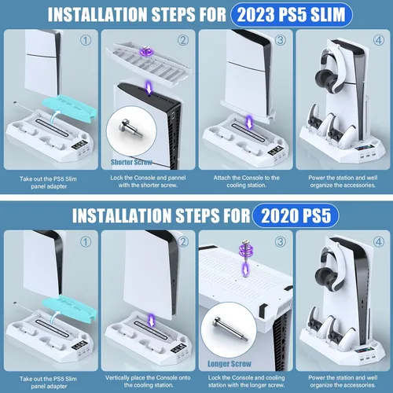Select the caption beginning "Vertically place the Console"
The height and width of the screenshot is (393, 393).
pos(147,380)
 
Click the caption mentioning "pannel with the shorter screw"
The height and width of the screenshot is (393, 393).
pos(147,183)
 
